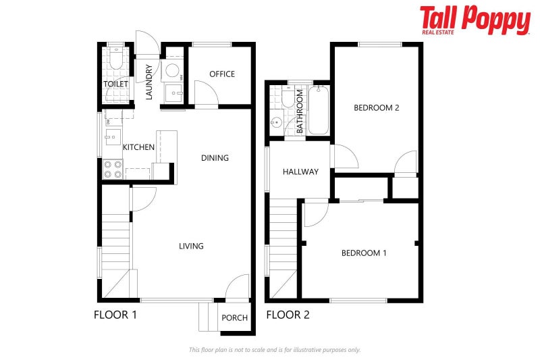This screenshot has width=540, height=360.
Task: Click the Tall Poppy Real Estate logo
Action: [x=475, y=20]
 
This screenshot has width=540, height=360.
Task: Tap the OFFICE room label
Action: [x=221, y=74]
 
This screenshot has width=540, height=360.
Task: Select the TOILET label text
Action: [x=115, y=84]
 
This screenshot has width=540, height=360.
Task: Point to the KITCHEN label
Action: [x=138, y=147]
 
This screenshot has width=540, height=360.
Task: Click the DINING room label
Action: [x=215, y=158]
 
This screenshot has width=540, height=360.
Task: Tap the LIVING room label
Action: [x=191, y=246]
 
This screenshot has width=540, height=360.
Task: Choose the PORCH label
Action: [x=235, y=318]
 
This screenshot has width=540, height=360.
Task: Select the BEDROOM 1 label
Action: [x=364, y=253]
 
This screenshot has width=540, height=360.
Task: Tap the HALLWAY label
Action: [x=300, y=172]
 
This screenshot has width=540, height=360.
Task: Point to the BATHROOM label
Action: [x=300, y=111]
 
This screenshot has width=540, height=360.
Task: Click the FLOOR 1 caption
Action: [x=115, y=314]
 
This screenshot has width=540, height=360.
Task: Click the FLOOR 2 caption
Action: [x=288, y=314]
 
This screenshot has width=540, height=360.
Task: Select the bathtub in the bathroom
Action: [x=319, y=110]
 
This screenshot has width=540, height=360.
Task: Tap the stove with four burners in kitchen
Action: [x=112, y=169]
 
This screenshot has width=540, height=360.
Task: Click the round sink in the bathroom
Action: [x=277, y=123]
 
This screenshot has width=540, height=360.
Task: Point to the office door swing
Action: [x=205, y=92]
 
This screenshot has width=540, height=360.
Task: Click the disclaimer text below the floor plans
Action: [x=274, y=350]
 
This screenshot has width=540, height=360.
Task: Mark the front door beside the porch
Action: [x=237, y=288]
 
